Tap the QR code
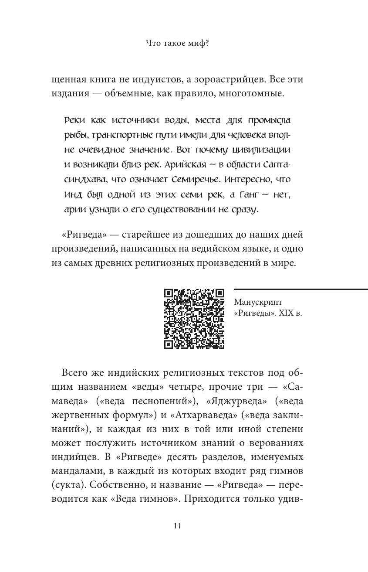coord(194,319)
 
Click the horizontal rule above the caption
coord(300,289)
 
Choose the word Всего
coord(76,373)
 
